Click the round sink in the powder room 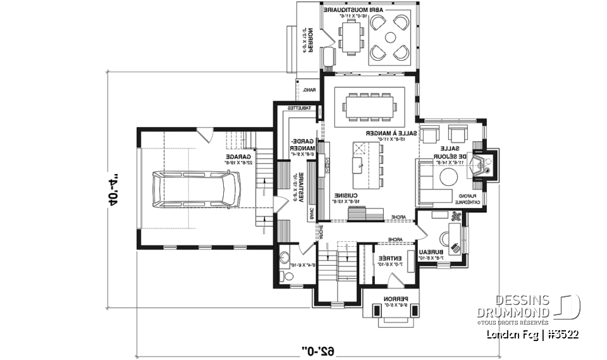coord(285,258)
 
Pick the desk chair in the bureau coord(446,239)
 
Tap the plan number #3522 coord(564,334)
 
